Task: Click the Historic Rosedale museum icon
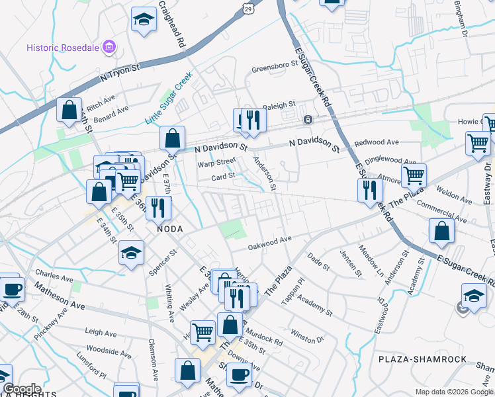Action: point(110,48)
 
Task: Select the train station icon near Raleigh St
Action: point(308,120)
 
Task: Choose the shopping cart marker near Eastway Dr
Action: point(477,141)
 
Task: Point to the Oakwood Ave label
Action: point(270,243)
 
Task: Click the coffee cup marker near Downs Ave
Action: point(239,374)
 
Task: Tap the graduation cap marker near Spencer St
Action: point(131,252)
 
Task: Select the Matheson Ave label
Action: point(60,297)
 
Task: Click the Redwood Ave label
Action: point(377,142)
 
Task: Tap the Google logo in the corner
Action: point(22,389)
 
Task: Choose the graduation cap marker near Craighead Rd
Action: point(143,20)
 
